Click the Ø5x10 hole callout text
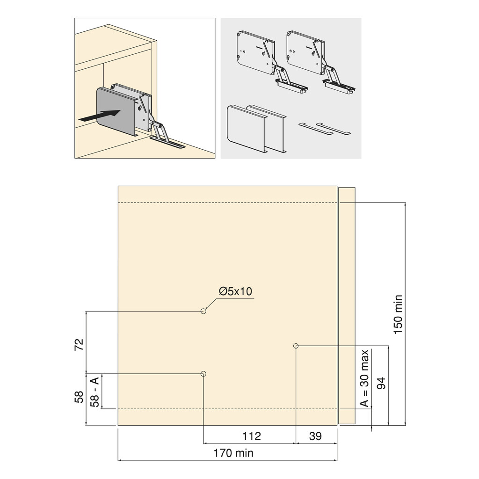pos(235,291)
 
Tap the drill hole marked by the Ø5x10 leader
pos(203,311)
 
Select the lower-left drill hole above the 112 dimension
pos(203,373)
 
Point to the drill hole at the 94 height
pos(296,346)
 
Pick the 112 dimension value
pos(251,436)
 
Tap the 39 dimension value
pos(316,436)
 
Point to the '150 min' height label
pos(398,314)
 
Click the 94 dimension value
pos(381,383)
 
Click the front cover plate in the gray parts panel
pos(245,127)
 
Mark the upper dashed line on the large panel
pos(227,203)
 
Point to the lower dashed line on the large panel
pos(227,408)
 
